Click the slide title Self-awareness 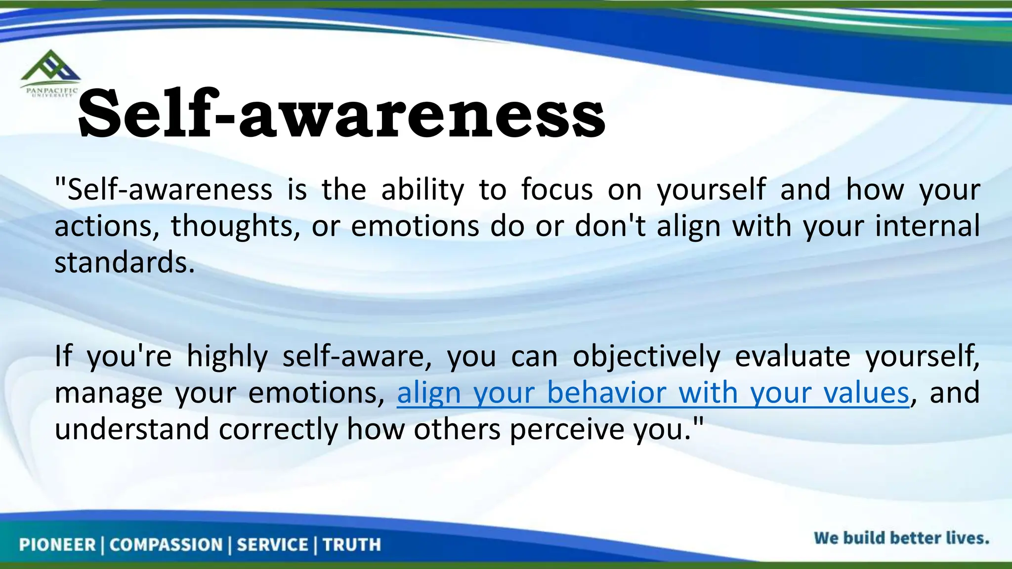(x=341, y=114)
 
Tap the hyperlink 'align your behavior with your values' (x=653, y=393)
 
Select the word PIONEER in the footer (x=57, y=545)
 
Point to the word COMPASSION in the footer (x=166, y=545)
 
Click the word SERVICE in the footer (x=272, y=545)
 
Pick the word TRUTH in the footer (x=352, y=545)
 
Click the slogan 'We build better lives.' (x=901, y=538)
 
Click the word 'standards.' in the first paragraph (x=125, y=262)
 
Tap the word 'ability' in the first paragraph (x=422, y=190)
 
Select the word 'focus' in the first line (x=557, y=189)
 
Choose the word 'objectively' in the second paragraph (x=646, y=357)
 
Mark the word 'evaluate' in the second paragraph (x=793, y=356)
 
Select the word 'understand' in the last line (x=131, y=429)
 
